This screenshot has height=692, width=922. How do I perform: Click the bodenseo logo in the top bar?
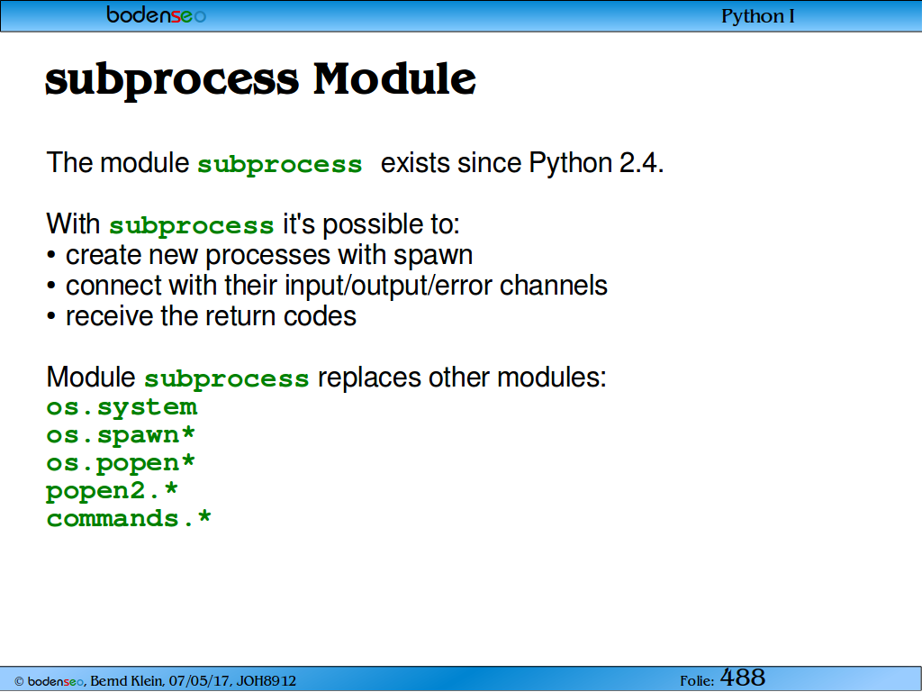(156, 14)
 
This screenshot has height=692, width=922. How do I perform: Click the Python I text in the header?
(757, 16)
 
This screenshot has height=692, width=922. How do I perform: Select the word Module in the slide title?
(394, 78)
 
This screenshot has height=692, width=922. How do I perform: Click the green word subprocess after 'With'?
(192, 226)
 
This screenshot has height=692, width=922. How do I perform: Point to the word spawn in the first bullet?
(433, 256)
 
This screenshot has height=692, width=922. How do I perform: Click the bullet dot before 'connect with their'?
(51, 286)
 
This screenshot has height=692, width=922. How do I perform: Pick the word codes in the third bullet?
(320, 316)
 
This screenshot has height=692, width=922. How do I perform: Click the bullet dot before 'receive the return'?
(51, 316)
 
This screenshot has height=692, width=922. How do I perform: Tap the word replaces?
(369, 378)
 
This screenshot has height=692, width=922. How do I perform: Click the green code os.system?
(122, 407)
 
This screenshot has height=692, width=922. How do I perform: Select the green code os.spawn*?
(121, 435)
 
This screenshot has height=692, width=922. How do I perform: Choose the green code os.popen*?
(121, 464)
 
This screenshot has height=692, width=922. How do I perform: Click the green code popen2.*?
(112, 491)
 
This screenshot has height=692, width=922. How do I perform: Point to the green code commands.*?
(129, 519)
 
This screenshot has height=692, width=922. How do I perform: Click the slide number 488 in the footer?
(743, 678)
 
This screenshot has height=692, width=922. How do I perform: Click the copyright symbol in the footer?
(19, 682)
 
